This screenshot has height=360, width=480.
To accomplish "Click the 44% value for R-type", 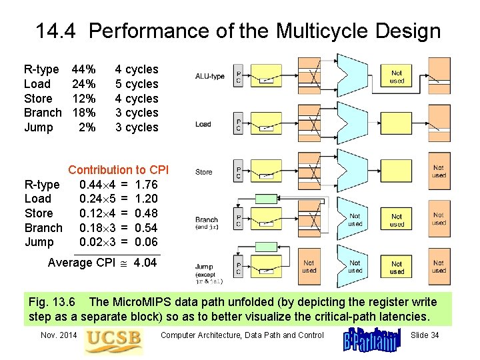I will (83, 69).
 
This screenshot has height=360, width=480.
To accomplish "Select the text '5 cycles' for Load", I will (137, 84).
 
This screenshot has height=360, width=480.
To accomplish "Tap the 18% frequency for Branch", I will (83, 113).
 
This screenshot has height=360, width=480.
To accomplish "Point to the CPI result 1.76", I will (146, 184).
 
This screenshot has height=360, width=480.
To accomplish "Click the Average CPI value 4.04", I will (145, 263).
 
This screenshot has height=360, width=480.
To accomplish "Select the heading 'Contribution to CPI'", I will (119, 170).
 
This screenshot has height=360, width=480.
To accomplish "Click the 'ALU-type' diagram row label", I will (209, 77).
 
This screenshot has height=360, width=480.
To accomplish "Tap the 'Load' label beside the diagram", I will (203, 124).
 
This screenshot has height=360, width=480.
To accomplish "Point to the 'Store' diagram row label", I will (203, 172).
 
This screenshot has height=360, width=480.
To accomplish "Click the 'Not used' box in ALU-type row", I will (397, 77).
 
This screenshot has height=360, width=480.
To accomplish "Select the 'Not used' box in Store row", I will (438, 171).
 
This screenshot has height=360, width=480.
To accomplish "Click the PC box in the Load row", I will (239, 124).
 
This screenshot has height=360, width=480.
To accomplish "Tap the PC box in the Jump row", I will (239, 268).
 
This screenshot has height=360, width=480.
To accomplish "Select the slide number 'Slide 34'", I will (425, 335).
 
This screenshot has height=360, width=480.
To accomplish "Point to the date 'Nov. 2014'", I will (59, 335).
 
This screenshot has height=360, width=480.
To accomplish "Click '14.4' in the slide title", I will (59, 31).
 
